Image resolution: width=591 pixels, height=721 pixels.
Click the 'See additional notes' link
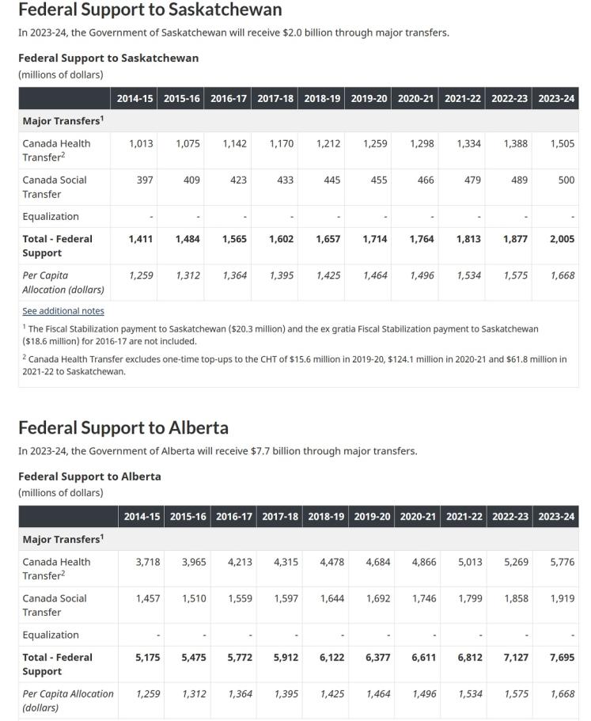click(63, 311)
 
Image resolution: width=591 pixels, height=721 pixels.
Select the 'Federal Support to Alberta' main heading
click(123, 427)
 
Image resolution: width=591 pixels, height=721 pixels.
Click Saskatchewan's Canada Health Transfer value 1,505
click(562, 143)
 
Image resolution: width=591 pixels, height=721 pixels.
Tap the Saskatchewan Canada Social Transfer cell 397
click(145, 180)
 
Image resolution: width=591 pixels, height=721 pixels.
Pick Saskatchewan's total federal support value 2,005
click(562, 238)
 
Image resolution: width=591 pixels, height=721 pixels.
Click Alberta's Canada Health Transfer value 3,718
click(147, 562)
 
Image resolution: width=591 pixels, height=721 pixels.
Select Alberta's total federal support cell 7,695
click(563, 657)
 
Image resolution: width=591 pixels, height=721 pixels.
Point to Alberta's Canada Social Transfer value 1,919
click(563, 598)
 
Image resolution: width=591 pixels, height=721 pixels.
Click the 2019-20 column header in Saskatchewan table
click(375, 99)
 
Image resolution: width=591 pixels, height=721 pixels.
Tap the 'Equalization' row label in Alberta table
click(51, 635)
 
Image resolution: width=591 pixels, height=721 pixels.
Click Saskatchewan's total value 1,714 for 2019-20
click(375, 238)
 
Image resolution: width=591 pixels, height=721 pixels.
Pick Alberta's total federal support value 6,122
click(331, 657)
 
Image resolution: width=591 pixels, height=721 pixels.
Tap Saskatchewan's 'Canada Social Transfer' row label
click(55, 187)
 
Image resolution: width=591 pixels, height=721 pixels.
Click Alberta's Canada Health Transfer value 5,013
click(470, 562)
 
